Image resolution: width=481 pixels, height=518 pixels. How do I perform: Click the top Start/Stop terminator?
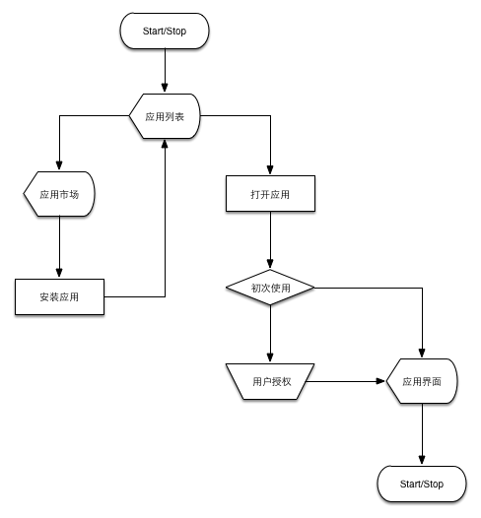pos(165,31)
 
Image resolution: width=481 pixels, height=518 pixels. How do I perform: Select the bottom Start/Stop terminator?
pos(422,484)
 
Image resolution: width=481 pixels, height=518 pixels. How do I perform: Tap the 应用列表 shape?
pos(165,116)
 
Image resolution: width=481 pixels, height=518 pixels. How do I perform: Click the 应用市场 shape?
pos(59,194)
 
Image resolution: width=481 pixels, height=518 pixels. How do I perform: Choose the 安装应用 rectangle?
pos(59,296)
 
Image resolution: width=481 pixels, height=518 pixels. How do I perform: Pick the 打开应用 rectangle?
pos(270,194)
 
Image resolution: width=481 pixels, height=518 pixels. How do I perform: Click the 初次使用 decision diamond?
pos(270,288)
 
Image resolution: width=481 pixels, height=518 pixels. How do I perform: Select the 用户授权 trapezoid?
pos(270,381)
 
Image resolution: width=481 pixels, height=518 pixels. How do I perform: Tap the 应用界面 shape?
pos(422,381)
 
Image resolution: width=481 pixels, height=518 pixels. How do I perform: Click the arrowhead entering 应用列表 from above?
pos(165,88)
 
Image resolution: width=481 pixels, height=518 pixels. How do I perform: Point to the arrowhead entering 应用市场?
pos(59,165)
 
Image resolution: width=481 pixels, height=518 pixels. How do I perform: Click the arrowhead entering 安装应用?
pos(59,273)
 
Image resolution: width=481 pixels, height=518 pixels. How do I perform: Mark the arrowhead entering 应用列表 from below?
pos(165,144)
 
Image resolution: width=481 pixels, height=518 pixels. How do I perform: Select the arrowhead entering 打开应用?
pos(270,169)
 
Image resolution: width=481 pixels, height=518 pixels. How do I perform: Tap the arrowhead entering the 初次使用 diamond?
pos(270,264)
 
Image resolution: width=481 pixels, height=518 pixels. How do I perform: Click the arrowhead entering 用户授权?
pos(270,357)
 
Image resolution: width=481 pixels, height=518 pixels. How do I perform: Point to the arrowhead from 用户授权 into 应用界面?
pos(380,381)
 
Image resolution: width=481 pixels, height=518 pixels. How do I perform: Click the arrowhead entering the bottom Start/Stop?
pos(422,460)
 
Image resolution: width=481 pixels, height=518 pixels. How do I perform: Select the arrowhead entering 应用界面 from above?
pos(422,353)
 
